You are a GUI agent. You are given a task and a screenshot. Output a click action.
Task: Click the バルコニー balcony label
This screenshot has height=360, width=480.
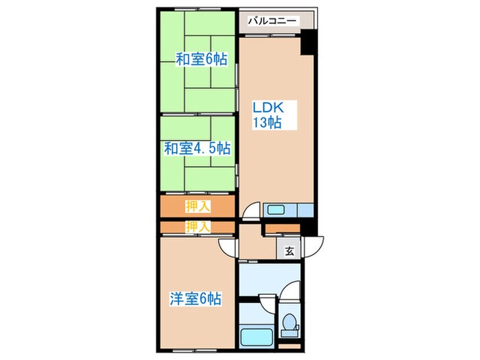(273, 21)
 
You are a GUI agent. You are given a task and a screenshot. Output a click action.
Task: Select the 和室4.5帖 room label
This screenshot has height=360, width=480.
(197, 147)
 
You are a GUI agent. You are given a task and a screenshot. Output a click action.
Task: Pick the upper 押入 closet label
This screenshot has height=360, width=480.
(197, 205)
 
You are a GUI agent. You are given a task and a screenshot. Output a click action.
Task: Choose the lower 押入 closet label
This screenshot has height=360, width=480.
(197, 226)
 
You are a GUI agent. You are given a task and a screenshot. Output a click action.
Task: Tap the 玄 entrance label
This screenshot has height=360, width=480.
(289, 252)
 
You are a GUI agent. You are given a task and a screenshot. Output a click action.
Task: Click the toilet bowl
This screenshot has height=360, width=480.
(290, 323)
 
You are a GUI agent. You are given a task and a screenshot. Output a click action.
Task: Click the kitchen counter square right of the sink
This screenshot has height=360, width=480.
(306, 210)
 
